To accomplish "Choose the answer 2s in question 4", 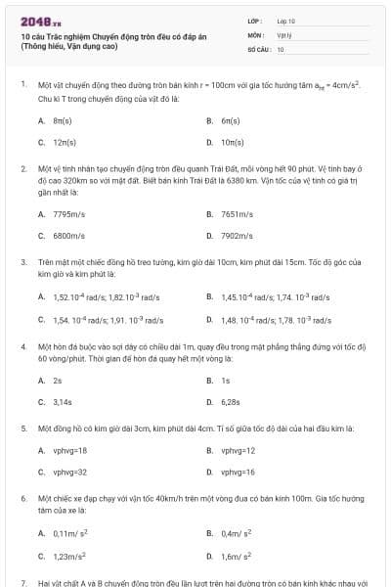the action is [58, 381].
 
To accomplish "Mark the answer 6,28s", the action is [231, 401].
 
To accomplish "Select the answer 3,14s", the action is [62, 401].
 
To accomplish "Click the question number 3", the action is [23, 262].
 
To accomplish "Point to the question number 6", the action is [23, 498].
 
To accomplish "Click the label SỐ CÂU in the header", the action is [258, 48].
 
